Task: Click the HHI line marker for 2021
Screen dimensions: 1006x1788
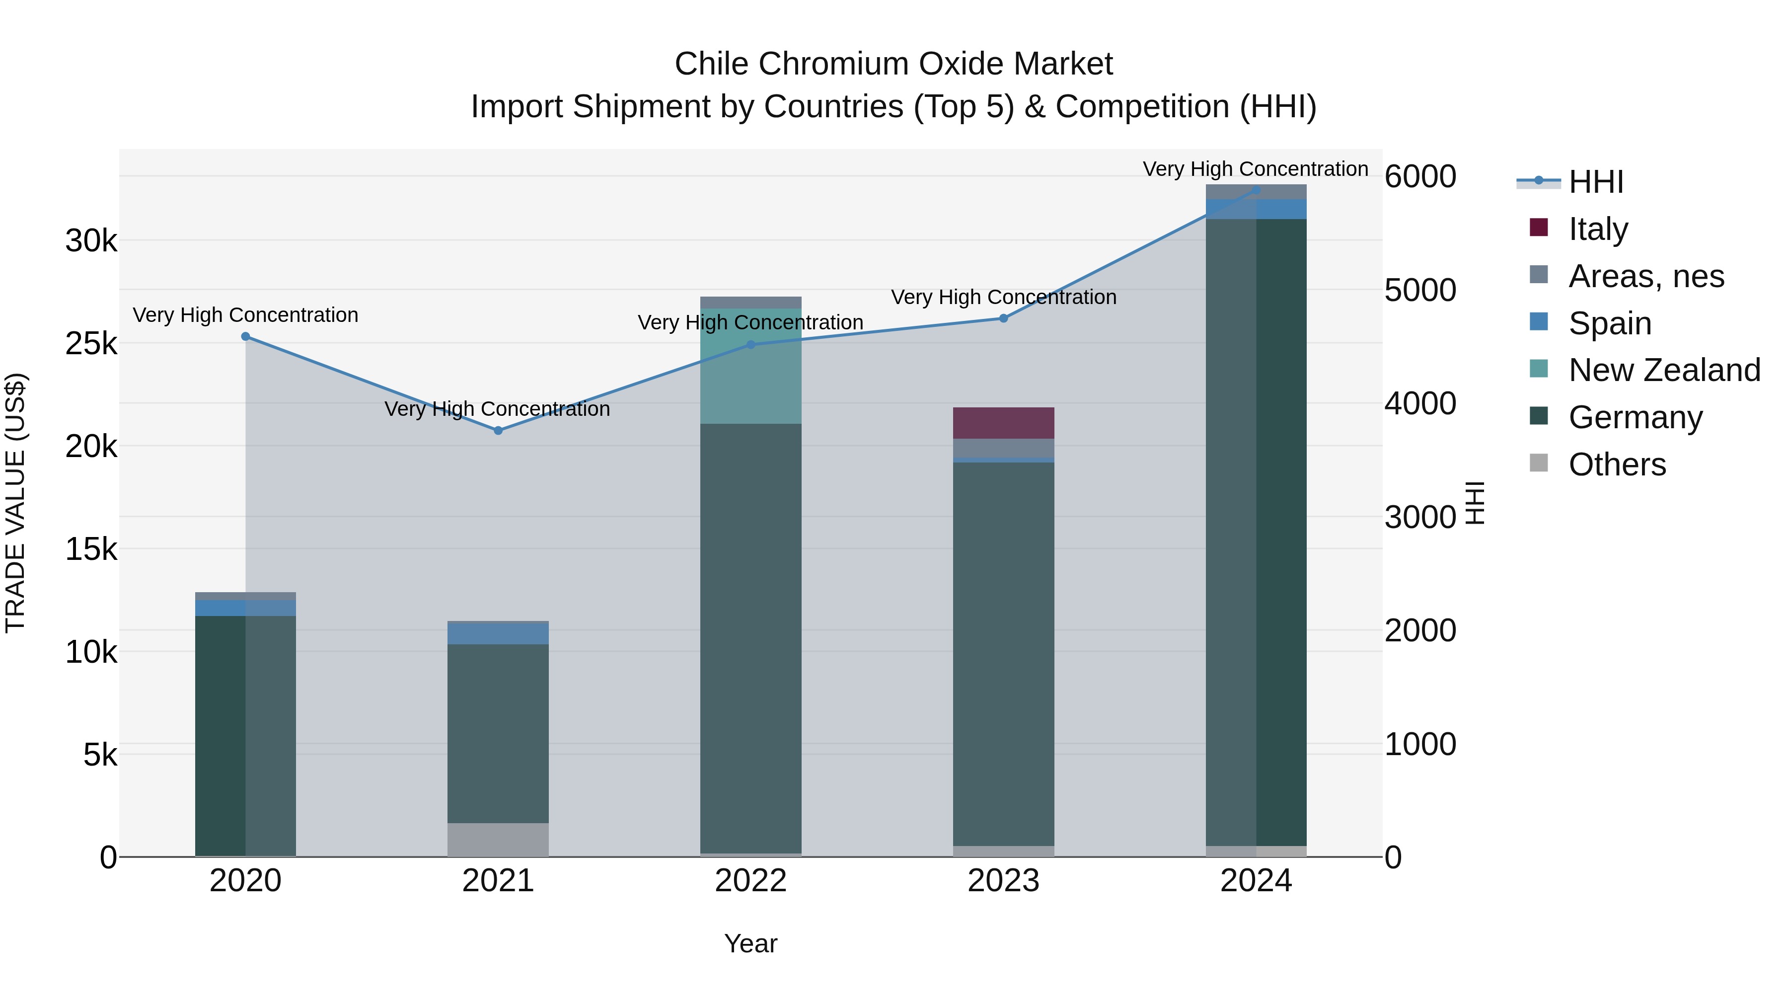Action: (498, 430)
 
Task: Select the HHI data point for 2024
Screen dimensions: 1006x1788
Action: (1256, 190)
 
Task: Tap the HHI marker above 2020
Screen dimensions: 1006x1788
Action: (245, 337)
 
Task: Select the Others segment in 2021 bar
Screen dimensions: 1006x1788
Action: (498, 840)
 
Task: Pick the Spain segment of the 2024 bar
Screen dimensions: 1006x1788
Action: (1256, 209)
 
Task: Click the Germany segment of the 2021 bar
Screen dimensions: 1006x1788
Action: (498, 733)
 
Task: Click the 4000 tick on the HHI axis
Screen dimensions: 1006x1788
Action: (1420, 403)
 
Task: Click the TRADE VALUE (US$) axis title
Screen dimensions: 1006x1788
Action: (15, 503)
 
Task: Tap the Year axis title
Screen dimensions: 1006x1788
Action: (750, 943)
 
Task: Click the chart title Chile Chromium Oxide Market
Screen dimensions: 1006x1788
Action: (894, 64)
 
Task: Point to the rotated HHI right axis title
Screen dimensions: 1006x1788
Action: (1474, 503)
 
